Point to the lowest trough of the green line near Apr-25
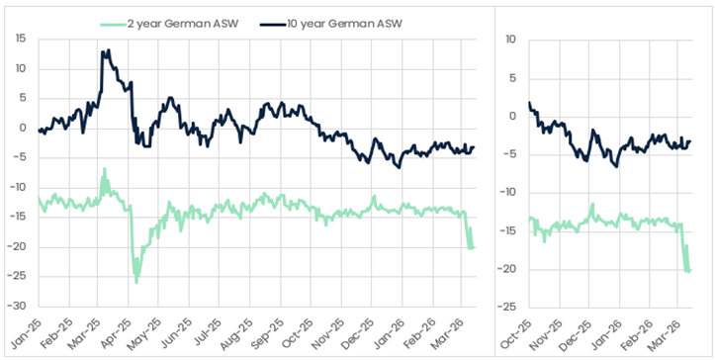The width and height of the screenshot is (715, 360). point(136,283)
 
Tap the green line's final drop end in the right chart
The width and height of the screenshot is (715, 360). point(689,270)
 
